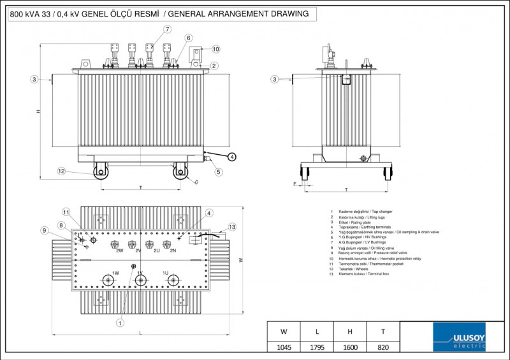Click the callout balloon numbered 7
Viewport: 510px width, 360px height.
[167, 29]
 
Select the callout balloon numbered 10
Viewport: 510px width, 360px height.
[215, 48]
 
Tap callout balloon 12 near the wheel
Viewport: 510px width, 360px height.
[61, 171]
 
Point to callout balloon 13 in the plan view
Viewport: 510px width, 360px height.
[231, 227]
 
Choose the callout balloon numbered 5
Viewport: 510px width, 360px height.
[218, 171]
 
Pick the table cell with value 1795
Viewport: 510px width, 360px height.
[317, 348]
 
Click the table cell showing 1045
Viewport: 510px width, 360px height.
[284, 348]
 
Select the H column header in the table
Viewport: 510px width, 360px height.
[350, 331]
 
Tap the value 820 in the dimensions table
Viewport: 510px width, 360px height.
[382, 348]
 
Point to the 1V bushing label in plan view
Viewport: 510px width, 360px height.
[139, 273]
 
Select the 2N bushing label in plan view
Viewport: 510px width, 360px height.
[173, 250]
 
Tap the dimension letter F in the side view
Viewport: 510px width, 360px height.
[295, 184]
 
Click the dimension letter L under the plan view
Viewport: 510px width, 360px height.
[140, 333]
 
